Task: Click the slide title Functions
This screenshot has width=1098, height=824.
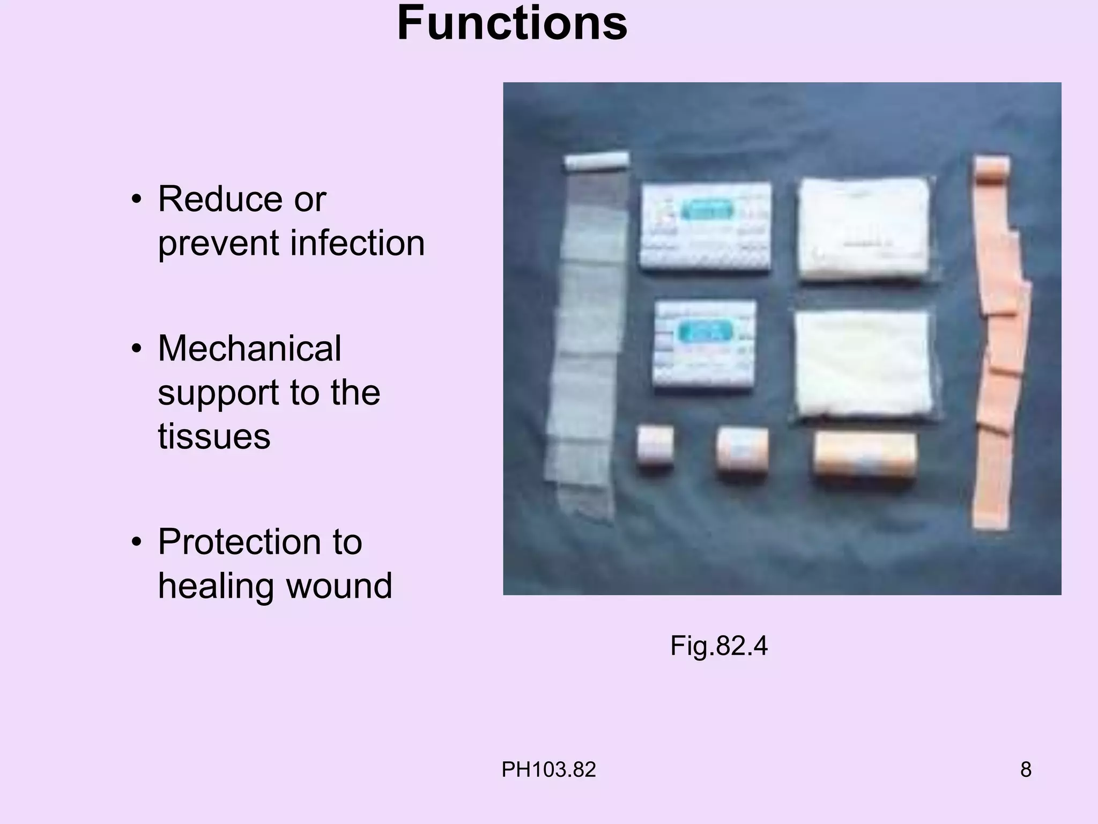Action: [x=512, y=24]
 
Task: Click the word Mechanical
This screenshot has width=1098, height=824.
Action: [x=249, y=349]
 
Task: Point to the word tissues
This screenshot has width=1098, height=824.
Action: [x=214, y=436]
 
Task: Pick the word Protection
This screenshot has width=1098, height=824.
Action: [x=260, y=542]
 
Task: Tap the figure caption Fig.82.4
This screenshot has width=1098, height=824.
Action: [x=718, y=645]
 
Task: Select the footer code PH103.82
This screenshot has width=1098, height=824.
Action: [x=548, y=770]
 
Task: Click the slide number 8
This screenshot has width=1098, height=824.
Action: [x=1026, y=770]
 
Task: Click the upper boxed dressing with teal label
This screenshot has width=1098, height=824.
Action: [x=706, y=226]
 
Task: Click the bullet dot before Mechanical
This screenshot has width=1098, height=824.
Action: [x=137, y=349]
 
